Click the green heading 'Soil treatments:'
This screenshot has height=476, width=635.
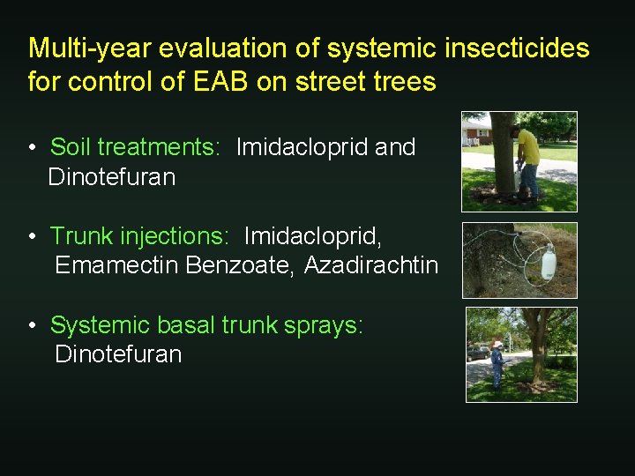pos(135,147)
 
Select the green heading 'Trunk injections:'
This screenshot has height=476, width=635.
pos(139,236)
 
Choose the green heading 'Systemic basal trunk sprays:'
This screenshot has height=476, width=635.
pos(206,325)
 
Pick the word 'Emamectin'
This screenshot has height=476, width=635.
pos(117,265)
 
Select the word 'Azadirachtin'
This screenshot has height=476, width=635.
pos(371,265)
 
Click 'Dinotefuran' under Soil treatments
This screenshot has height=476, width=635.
pos(112,177)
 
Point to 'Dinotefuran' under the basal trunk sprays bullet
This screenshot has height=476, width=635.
pos(118,354)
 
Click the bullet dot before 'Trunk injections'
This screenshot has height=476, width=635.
pos(31,237)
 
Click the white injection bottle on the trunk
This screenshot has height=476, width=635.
pos(548,261)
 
